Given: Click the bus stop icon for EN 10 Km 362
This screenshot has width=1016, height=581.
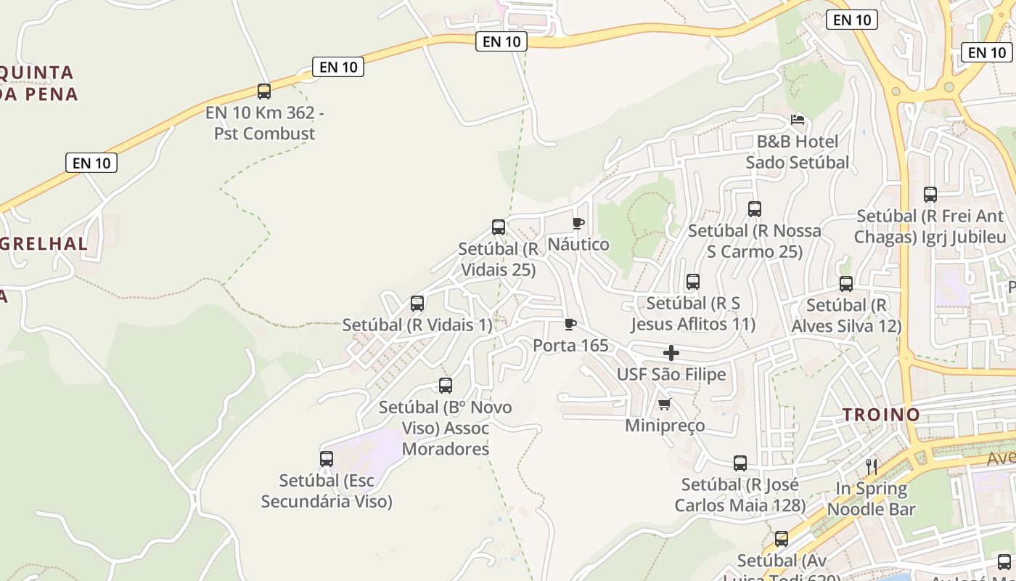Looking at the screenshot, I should (x=264, y=92).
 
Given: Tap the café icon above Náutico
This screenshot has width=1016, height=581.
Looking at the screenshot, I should (x=578, y=223).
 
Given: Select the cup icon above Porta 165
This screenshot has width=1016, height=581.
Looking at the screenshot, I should (x=570, y=324).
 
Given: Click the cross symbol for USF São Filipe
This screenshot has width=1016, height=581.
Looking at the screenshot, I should (x=671, y=354).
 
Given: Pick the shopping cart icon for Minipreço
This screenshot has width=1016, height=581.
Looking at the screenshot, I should (x=664, y=405).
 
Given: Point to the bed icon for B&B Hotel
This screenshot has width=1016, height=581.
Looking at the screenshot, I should (x=798, y=119).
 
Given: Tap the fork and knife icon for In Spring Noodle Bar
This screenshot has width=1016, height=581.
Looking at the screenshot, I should (x=872, y=466).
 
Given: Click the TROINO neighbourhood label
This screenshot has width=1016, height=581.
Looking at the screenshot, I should (x=881, y=415).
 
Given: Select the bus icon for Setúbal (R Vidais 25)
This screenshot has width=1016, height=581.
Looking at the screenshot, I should (x=499, y=227).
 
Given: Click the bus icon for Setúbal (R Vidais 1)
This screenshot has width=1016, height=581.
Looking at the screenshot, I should (x=417, y=304).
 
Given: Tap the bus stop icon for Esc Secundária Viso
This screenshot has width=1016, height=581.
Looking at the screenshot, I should (x=327, y=459).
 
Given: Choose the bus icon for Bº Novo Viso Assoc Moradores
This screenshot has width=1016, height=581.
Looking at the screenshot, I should (x=446, y=386).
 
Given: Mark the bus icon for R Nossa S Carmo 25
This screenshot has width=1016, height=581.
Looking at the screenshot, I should (x=755, y=209).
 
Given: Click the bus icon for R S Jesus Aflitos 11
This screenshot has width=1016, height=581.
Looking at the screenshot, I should (x=693, y=282).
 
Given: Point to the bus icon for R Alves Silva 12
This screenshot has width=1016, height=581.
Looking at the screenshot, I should (x=846, y=284).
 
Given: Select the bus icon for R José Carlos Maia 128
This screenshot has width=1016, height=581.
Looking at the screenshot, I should (x=740, y=463).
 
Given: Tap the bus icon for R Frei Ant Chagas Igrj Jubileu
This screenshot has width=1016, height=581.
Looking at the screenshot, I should (x=930, y=195).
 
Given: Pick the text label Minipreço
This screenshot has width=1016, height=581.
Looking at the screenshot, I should (x=665, y=426).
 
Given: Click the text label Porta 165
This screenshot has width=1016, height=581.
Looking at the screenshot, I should (x=570, y=346).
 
